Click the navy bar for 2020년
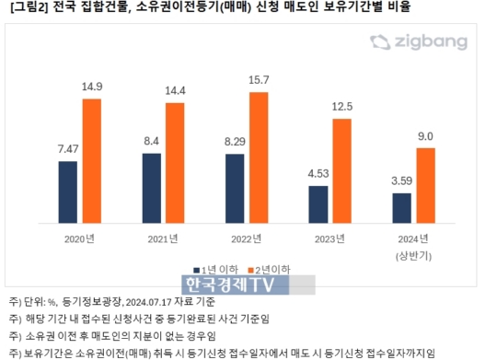[67, 192]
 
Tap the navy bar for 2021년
[151, 189]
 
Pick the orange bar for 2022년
[260, 157]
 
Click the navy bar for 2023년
[317, 205]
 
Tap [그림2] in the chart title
[24, 7]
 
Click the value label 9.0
[426, 136]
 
